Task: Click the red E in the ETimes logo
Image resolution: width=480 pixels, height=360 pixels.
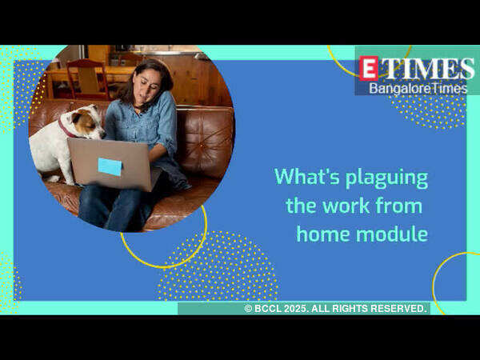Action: [x=368, y=68]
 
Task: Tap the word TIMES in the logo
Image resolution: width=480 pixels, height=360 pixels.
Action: [x=427, y=69]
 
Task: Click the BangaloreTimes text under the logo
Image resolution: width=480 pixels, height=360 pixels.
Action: [x=418, y=89]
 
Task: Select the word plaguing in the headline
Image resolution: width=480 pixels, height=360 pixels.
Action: [x=387, y=178]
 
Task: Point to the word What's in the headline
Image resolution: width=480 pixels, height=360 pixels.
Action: [x=307, y=176]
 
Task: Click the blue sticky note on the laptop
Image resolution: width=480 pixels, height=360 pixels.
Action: [x=110, y=167]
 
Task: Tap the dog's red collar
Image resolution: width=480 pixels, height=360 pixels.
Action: [x=65, y=129]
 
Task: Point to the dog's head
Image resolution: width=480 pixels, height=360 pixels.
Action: [x=84, y=122]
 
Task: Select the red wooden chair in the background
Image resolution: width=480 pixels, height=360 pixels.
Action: [x=87, y=79]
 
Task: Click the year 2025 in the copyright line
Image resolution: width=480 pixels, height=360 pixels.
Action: [x=295, y=309]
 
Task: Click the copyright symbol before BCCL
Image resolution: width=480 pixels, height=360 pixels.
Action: [x=248, y=309]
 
